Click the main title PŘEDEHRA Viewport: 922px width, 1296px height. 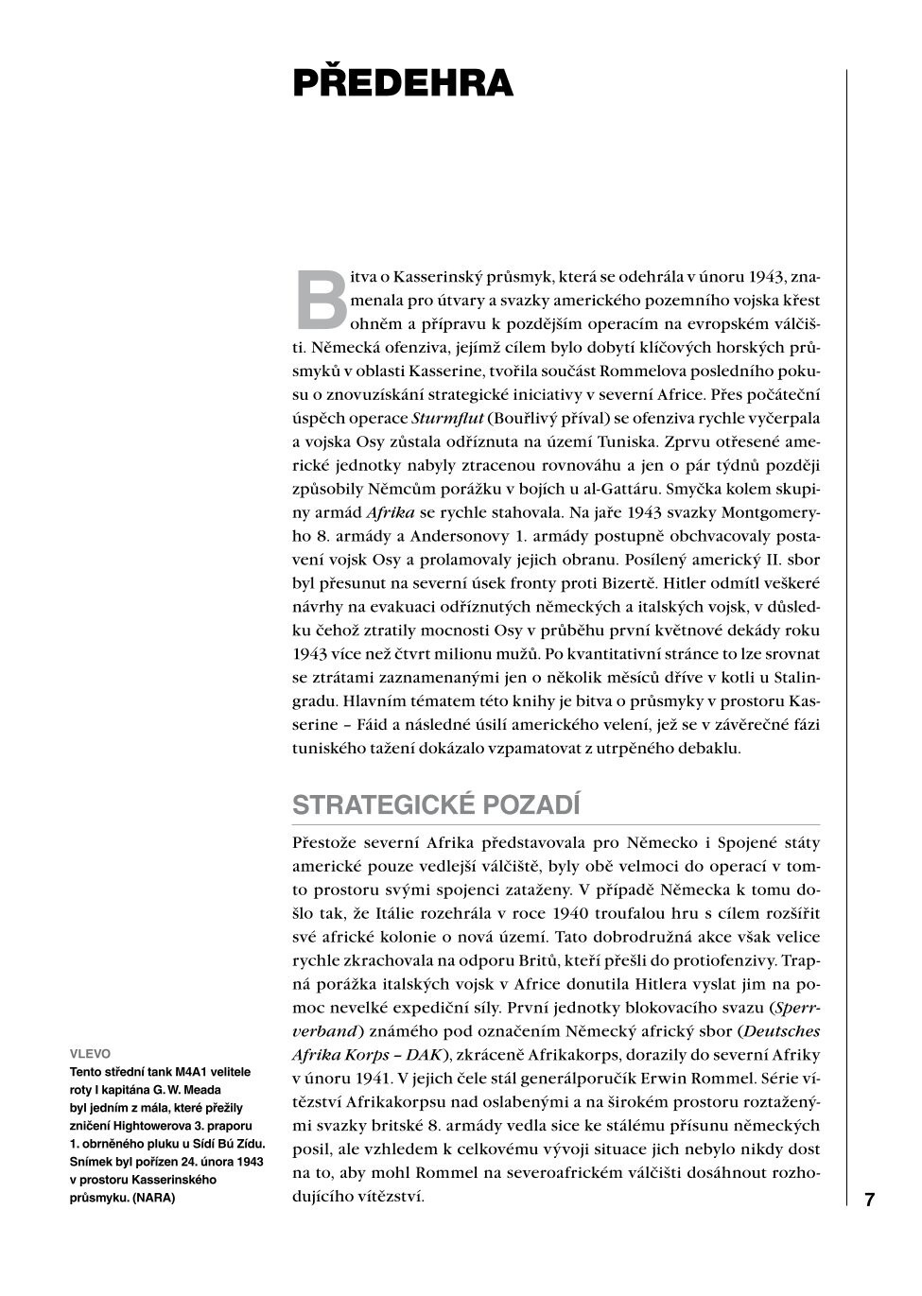click(403, 83)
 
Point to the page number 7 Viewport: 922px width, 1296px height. click(869, 1200)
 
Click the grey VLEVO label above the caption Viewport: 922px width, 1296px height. click(90, 1053)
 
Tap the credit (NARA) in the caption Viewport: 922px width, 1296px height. click(154, 1198)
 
